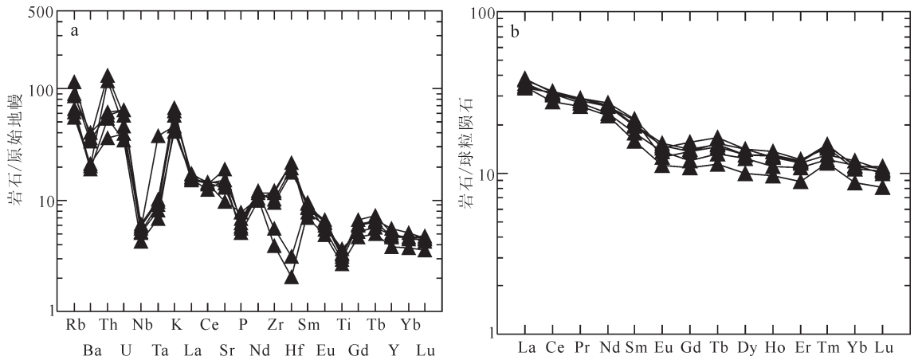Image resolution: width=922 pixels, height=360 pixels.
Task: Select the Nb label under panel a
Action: [141, 325]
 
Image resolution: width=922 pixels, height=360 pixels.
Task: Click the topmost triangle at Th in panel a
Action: [108, 76]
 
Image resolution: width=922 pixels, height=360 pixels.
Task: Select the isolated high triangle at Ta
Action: [158, 136]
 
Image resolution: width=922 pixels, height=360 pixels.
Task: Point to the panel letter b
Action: [516, 33]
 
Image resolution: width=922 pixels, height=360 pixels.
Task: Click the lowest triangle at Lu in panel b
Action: [882, 188]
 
